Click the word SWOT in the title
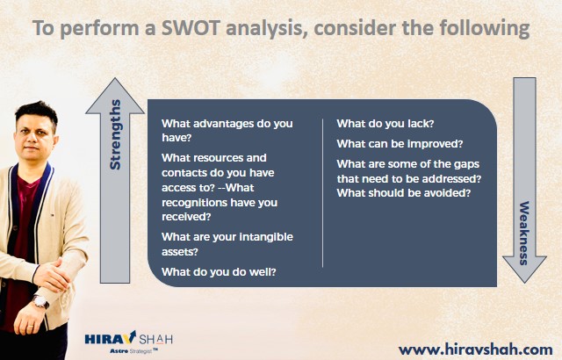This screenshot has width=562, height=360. pos(190,27)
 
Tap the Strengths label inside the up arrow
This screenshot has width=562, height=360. pos(115,134)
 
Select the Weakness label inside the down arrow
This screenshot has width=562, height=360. pos(524,233)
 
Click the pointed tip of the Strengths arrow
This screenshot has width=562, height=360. pos(115,78)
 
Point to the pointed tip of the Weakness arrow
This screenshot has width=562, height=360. pos(524,282)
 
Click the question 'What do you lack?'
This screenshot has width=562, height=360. pos(385,124)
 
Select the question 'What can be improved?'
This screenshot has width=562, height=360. pos(400,144)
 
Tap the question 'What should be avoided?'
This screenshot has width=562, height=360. pos(404,193)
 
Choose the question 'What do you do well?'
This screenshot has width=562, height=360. pos(219,272)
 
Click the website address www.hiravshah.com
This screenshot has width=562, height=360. pos(475,349)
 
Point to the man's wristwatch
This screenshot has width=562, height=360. pos(40,302)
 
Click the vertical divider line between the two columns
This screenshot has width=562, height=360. pos(323,193)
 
